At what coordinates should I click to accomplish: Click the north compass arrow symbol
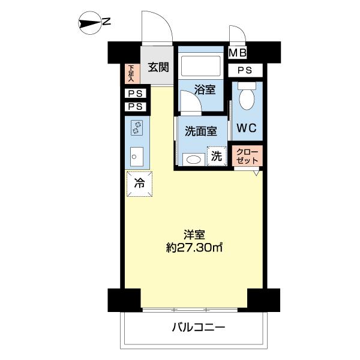[92, 23]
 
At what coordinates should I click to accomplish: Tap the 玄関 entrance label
[159, 67]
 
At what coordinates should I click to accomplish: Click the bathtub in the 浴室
[202, 65]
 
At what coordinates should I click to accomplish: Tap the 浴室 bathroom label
[205, 90]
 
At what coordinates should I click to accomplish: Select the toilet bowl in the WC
[247, 95]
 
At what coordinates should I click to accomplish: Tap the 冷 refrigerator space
[139, 184]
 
